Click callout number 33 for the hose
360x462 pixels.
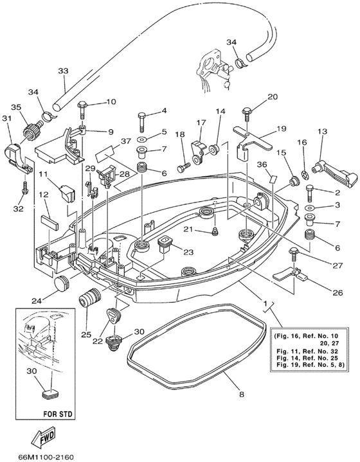(x=62, y=71)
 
